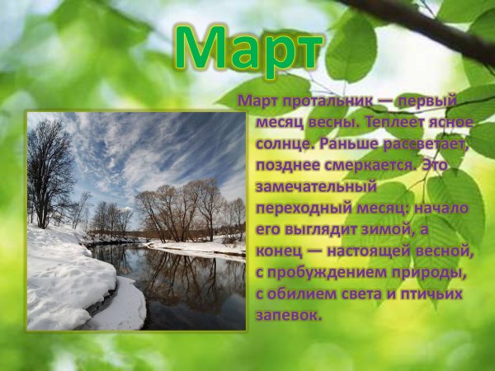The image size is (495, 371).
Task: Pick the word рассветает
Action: pos(427,143)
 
